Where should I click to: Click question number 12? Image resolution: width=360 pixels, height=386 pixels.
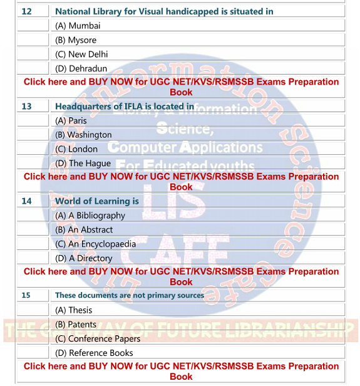click(26, 12)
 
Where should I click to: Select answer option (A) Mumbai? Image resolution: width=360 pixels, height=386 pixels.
click(78, 26)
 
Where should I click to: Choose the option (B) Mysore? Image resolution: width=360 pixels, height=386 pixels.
click(76, 40)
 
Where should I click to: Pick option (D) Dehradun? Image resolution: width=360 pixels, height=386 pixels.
click(81, 69)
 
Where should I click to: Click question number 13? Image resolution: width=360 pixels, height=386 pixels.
click(26, 107)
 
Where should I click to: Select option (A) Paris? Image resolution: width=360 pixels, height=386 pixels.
click(71, 121)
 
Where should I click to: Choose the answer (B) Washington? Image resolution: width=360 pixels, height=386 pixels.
click(83, 135)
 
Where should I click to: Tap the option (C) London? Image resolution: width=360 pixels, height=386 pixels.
click(76, 149)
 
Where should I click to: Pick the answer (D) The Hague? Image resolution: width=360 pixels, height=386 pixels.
click(83, 164)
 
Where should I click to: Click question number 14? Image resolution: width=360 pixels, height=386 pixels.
click(26, 201)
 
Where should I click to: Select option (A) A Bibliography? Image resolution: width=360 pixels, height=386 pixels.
click(90, 216)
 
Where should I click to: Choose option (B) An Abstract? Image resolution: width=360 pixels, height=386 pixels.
click(84, 230)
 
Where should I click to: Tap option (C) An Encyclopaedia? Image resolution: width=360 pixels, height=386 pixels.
click(95, 244)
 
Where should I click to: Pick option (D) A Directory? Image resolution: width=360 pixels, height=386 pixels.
click(84, 258)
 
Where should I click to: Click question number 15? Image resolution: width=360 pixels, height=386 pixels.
click(26, 295)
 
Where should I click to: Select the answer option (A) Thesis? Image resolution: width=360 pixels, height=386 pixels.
click(73, 310)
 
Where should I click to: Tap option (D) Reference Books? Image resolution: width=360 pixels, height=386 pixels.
click(94, 353)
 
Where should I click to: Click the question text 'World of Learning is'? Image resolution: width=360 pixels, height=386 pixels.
click(97, 201)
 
